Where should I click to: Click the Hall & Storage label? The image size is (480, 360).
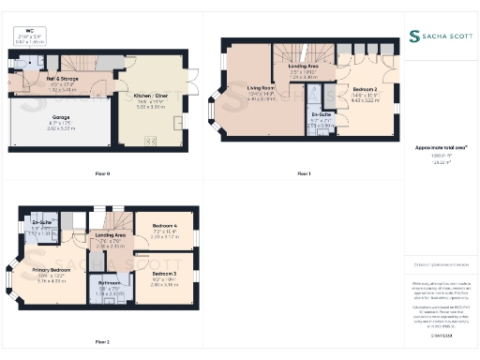(x=62, y=79)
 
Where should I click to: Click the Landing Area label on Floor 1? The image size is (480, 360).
(x=303, y=67)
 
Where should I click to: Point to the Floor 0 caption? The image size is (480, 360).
(x=102, y=174)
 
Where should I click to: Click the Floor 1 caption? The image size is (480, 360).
(x=303, y=174)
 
